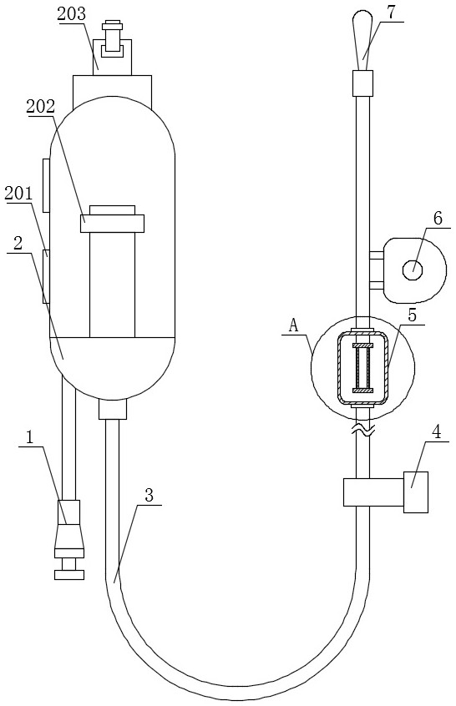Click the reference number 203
coord(72,14)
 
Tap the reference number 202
coord(41,106)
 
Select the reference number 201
coord(19,193)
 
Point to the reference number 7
coord(391,13)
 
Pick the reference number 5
coord(413,315)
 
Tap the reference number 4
coord(436,431)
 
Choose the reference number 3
coord(149,495)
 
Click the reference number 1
coord(30,437)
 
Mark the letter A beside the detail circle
coord(294,325)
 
